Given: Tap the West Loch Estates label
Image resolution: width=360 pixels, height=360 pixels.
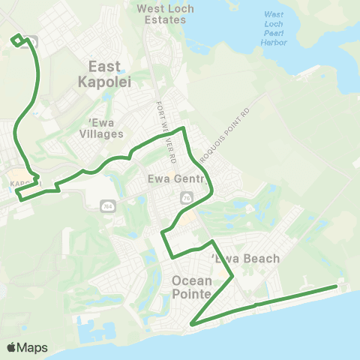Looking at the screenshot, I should pyautogui.click(x=161, y=13).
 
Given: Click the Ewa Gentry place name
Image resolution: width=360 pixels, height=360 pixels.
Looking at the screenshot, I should pyautogui.click(x=172, y=180).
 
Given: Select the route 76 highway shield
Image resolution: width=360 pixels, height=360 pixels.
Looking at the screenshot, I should pyautogui.click(x=186, y=197).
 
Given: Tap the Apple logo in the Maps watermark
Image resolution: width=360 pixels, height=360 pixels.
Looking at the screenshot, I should pyautogui.click(x=11, y=347).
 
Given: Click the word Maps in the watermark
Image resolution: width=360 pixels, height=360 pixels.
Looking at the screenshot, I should pyautogui.click(x=32, y=347).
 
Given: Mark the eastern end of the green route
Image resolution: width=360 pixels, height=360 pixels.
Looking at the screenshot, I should pyautogui.click(x=336, y=286).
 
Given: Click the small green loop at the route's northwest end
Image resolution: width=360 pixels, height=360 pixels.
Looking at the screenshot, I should pyautogui.click(x=16, y=39).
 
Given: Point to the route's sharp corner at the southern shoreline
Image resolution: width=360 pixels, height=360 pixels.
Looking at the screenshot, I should pyautogui.click(x=193, y=324).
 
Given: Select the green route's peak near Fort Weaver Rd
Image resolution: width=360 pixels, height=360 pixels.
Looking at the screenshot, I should pyautogui.click(x=183, y=128).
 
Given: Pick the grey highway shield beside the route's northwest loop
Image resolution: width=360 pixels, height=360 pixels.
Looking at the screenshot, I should pyautogui.click(x=33, y=42).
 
